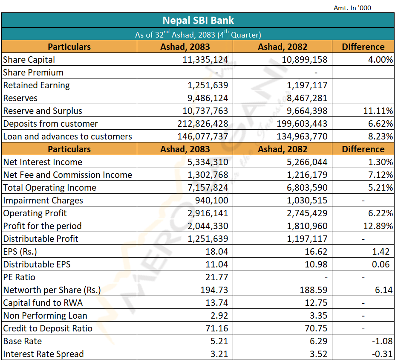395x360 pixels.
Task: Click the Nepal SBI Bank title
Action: coord(198,20)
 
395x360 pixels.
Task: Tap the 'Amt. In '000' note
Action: coord(352,8)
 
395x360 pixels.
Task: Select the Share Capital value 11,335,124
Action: coord(205,60)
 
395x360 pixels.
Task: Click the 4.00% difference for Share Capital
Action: coord(381,60)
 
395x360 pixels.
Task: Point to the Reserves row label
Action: coord(20,98)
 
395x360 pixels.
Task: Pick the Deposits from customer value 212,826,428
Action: coord(203,124)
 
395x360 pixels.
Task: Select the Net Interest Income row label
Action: coord(43,162)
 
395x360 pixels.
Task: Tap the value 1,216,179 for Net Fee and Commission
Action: coord(307,175)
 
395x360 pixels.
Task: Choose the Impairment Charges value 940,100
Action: coord(212,200)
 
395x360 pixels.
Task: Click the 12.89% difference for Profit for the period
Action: coord(378,226)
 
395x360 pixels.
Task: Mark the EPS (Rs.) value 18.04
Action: coord(216,252)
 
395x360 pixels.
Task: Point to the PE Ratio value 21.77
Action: coord(216,277)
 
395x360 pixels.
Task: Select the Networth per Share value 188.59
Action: coord(314,290)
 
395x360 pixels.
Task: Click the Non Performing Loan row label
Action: coord(45,316)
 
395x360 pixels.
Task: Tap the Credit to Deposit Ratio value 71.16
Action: coord(216,328)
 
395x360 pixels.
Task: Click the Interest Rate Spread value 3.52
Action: coord(318,354)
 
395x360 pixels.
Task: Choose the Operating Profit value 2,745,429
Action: coord(307,213)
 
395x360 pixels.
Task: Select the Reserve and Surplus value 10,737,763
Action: coord(205,111)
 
